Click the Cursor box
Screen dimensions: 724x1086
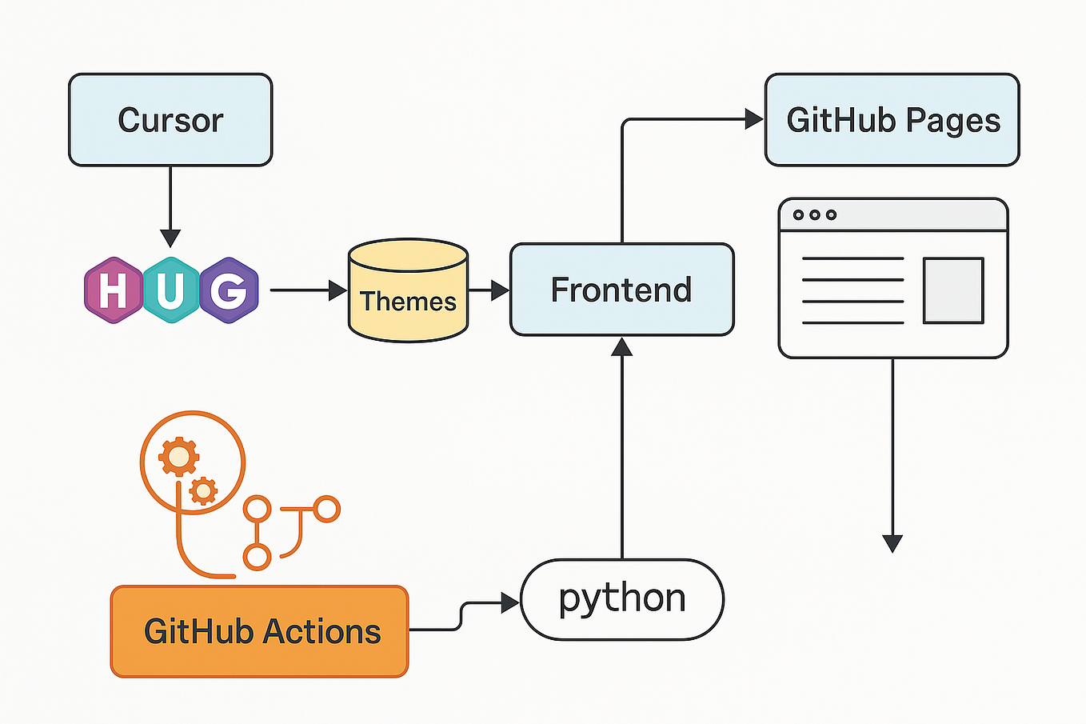[170, 120]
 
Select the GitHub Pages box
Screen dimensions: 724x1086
[892, 120]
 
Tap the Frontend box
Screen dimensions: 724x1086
[621, 290]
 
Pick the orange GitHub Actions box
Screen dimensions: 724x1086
[259, 631]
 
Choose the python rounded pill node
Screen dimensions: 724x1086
[621, 599]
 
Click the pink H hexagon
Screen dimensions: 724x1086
[114, 290]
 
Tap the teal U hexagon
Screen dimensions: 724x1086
[171, 290]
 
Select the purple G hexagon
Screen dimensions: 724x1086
[229, 290]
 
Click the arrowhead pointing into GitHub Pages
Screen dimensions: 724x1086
[753, 119]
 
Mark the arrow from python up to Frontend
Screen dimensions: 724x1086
[621, 448]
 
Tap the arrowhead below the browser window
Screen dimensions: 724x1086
[892, 543]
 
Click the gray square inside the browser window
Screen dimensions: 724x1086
[952, 290]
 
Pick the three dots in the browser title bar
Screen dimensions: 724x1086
[814, 214]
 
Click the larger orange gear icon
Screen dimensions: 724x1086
[178, 457]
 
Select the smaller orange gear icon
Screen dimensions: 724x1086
[204, 490]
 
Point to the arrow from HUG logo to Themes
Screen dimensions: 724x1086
[308, 290]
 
